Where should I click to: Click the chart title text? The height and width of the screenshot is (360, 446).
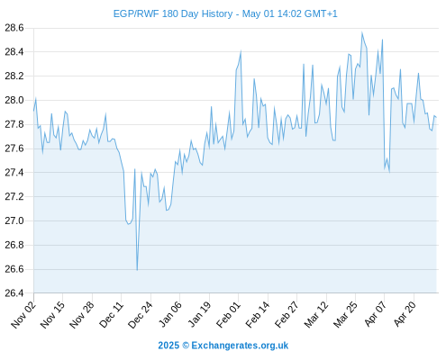click(x=225, y=13)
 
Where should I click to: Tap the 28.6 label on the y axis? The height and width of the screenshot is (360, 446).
click(x=14, y=28)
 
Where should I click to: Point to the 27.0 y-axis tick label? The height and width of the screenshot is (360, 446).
click(x=14, y=220)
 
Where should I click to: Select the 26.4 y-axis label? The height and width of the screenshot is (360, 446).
click(x=14, y=293)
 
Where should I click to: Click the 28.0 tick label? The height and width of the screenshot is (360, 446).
click(x=14, y=100)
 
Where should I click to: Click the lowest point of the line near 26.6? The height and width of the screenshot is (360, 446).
click(x=137, y=270)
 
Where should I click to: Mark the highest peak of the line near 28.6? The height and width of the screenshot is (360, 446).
click(x=362, y=32)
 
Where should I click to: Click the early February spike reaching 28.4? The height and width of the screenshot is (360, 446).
click(x=241, y=51)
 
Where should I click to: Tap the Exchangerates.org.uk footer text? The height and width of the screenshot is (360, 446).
click(x=240, y=346)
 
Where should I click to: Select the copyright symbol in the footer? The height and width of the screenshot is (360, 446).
click(x=186, y=346)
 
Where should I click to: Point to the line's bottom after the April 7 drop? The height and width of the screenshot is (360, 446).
click(x=389, y=172)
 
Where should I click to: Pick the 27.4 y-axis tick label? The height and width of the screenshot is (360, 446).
click(x=14, y=173)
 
